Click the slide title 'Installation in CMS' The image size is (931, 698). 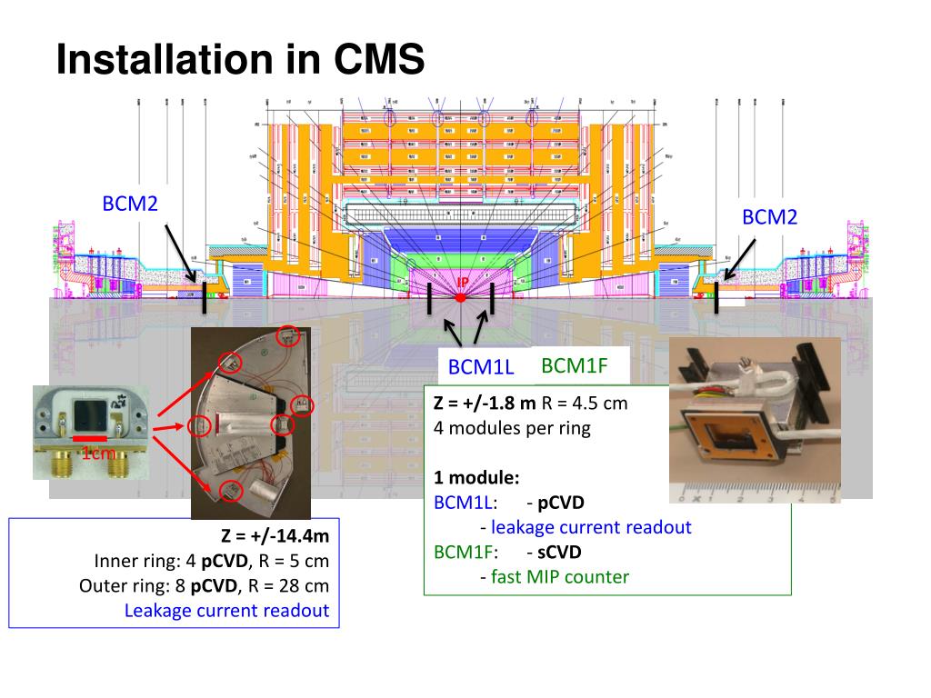click(x=240, y=61)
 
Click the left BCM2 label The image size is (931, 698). click(x=130, y=204)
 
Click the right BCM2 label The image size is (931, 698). click(x=769, y=217)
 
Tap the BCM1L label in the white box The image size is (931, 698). click(x=481, y=368)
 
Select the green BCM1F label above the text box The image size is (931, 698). click(x=573, y=366)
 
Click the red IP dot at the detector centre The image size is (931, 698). click(x=461, y=297)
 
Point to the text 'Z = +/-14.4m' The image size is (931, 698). click(x=275, y=536)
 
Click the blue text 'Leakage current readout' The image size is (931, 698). click(x=226, y=610)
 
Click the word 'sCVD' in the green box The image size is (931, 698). click(x=559, y=552)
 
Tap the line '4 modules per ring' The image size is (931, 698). click(x=512, y=427)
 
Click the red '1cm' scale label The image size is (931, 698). click(x=97, y=454)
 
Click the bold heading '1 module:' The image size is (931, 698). click(x=477, y=477)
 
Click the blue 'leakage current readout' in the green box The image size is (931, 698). click(x=591, y=527)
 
